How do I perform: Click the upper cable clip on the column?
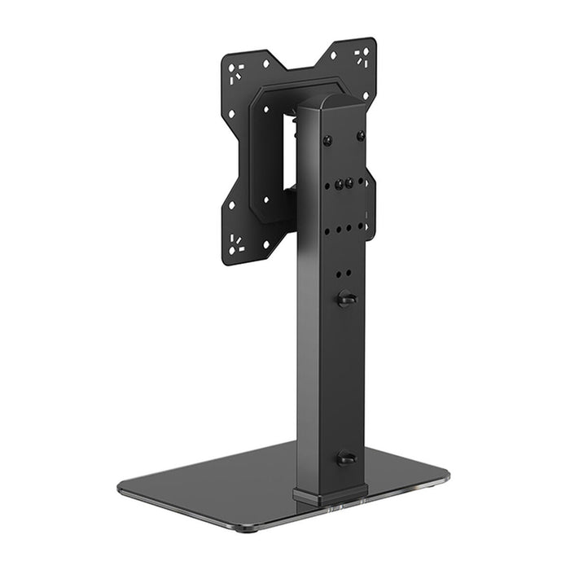coord(346,299)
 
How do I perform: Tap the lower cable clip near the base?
coord(346,458)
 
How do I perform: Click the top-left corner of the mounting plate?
coord(227,58)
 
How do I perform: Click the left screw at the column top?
coord(327,140)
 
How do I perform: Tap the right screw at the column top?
coord(360,136)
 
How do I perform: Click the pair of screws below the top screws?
coord(344,184)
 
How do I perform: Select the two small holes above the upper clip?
coord(344,273)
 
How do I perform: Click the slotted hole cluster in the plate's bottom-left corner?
coord(236,243)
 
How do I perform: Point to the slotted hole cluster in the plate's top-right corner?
coord(361,55)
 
